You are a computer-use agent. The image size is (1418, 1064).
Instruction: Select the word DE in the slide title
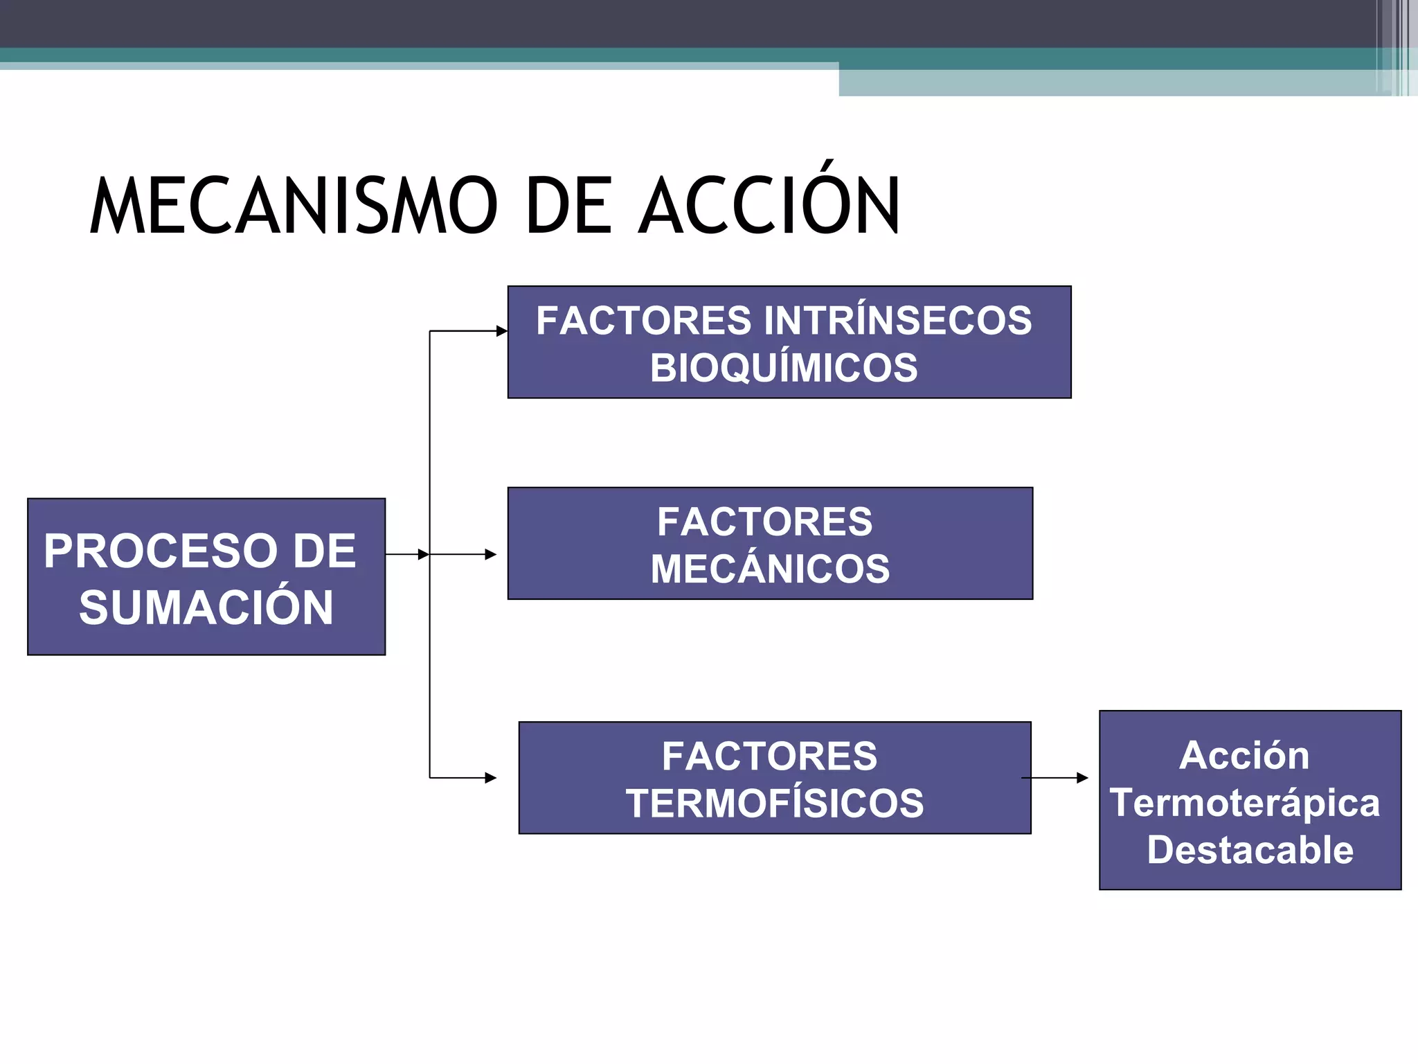pos(568,206)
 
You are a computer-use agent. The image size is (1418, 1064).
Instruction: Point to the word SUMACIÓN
pos(206,608)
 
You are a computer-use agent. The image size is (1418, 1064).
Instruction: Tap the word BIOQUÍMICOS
pos(784,367)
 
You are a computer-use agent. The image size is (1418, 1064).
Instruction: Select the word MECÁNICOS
pos(770,569)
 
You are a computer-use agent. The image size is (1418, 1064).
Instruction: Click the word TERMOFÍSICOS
pos(775,803)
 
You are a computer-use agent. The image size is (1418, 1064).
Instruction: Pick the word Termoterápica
pos(1245,803)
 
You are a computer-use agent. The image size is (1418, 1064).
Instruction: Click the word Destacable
pos(1250,850)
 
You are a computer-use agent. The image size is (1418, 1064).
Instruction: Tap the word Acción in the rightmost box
pos(1244,755)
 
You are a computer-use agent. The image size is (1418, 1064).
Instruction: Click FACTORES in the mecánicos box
pos(764,522)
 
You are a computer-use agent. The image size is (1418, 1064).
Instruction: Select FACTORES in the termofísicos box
pos(769,756)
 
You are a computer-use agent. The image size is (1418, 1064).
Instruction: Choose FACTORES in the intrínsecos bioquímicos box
pos(643,321)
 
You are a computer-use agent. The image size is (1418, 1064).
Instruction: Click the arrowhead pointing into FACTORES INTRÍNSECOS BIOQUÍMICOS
pos(503,331)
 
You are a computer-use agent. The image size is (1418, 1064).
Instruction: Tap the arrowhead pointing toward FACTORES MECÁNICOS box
pos(492,554)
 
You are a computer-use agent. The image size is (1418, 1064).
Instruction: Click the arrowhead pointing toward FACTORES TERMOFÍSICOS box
pos(492,778)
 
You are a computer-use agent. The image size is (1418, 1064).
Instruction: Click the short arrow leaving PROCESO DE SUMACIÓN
pos(407,554)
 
